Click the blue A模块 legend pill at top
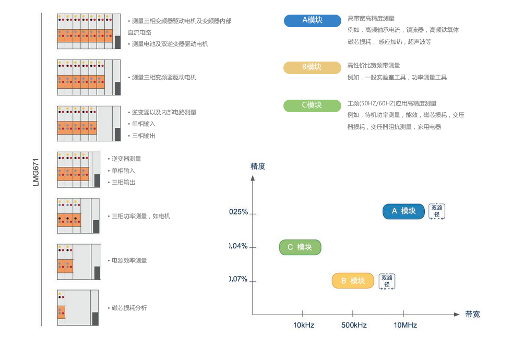click(x=312, y=20)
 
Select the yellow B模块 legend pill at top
click(x=312, y=67)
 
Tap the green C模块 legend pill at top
click(x=312, y=105)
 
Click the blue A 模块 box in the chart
click(x=403, y=211)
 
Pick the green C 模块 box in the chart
click(x=300, y=247)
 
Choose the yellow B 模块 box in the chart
click(x=353, y=281)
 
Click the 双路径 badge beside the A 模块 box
click(x=437, y=211)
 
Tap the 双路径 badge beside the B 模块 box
click(x=387, y=281)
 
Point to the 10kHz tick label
click(x=303, y=325)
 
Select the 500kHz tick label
click(x=354, y=325)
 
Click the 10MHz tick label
click(x=405, y=325)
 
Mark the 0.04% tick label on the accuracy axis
click(x=239, y=246)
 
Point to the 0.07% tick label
click(x=239, y=279)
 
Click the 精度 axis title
click(x=258, y=166)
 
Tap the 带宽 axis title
click(x=472, y=314)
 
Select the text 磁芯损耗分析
click(x=129, y=308)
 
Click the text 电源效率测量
click(x=129, y=260)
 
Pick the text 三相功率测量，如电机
click(x=140, y=216)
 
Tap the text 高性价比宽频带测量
click(x=374, y=66)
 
